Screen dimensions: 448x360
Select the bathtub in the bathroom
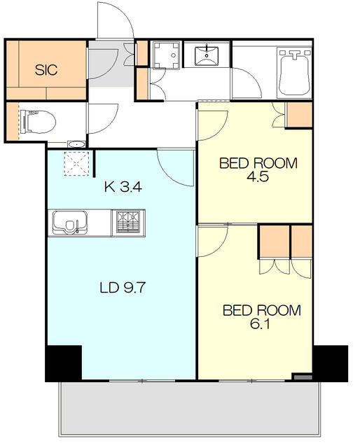(x=295, y=71)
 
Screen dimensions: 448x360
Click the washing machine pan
(x=166, y=55)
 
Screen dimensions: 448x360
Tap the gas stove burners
(x=128, y=223)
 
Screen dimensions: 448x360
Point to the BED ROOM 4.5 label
(x=258, y=170)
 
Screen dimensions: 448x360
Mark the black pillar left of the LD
(x=64, y=363)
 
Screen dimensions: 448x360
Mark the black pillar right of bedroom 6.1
(x=330, y=363)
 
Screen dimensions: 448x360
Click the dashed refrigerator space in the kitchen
(x=74, y=165)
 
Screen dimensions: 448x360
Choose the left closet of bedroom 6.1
(x=273, y=242)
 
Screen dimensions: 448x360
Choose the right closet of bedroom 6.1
(x=302, y=242)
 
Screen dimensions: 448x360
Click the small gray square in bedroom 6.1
(x=302, y=378)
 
